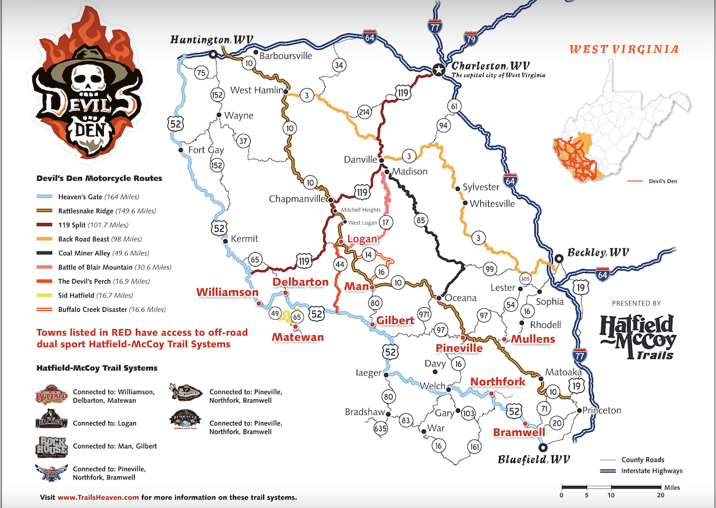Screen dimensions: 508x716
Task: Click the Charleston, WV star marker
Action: (x=439, y=70)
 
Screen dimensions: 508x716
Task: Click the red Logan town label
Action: (x=362, y=239)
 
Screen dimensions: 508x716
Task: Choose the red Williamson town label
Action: (x=227, y=292)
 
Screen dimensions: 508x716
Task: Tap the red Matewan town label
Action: (x=298, y=337)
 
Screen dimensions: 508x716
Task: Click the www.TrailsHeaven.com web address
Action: (x=98, y=497)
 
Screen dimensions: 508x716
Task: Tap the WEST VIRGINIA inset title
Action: (x=623, y=49)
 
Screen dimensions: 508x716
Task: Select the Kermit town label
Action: (x=244, y=238)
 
